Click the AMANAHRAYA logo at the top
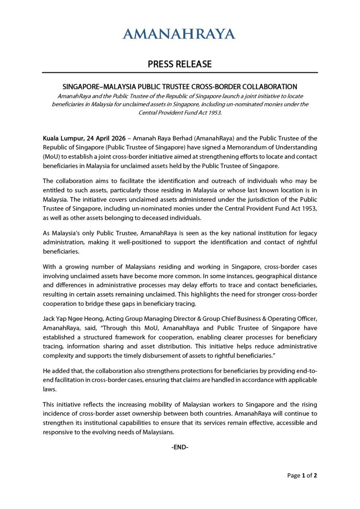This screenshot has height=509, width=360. tap(180, 34)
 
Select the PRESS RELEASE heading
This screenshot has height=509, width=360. tap(180, 64)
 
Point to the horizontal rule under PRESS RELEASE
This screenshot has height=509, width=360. tap(180, 73)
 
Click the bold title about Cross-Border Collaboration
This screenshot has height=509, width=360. tap(180, 87)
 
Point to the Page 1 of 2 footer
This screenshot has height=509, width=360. tap(302, 475)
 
